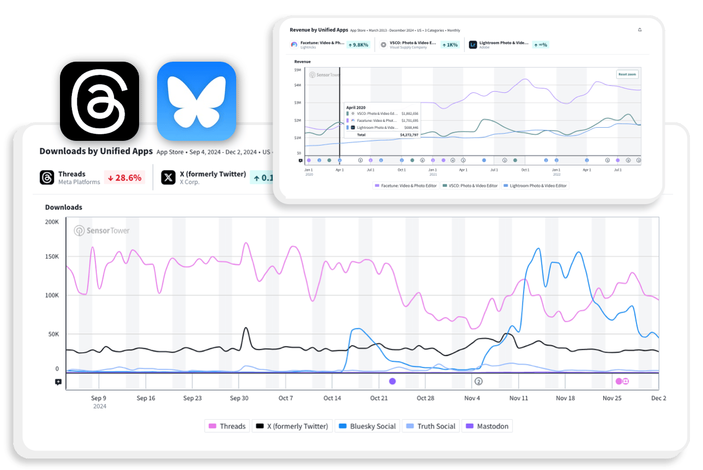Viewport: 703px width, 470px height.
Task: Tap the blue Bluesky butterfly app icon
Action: coord(196,101)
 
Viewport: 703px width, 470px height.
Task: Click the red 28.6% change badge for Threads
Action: coord(124,177)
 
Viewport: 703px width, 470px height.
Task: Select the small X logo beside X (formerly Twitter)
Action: coord(169,177)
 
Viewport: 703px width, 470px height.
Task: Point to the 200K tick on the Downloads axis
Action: coord(52,222)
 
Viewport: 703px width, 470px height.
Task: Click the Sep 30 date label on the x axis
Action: coord(239,398)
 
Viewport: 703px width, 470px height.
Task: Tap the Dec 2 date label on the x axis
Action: coord(658,398)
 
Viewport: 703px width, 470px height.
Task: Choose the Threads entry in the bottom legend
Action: coord(227,426)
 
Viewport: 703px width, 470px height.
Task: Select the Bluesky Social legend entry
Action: coord(367,426)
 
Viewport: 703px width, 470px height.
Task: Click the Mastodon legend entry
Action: coord(488,426)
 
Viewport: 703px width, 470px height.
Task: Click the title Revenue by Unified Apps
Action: coord(319,31)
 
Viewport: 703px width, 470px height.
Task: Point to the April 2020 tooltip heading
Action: coord(356,108)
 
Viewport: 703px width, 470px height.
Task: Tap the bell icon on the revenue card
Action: coord(640,30)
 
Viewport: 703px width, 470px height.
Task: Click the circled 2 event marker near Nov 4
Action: coord(479,381)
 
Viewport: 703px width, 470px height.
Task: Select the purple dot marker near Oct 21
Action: coord(392,381)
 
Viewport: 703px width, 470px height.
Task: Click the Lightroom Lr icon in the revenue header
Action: coord(473,45)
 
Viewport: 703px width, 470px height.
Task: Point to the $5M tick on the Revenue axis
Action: coord(297,70)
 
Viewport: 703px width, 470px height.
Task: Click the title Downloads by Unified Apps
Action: coord(96,151)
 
